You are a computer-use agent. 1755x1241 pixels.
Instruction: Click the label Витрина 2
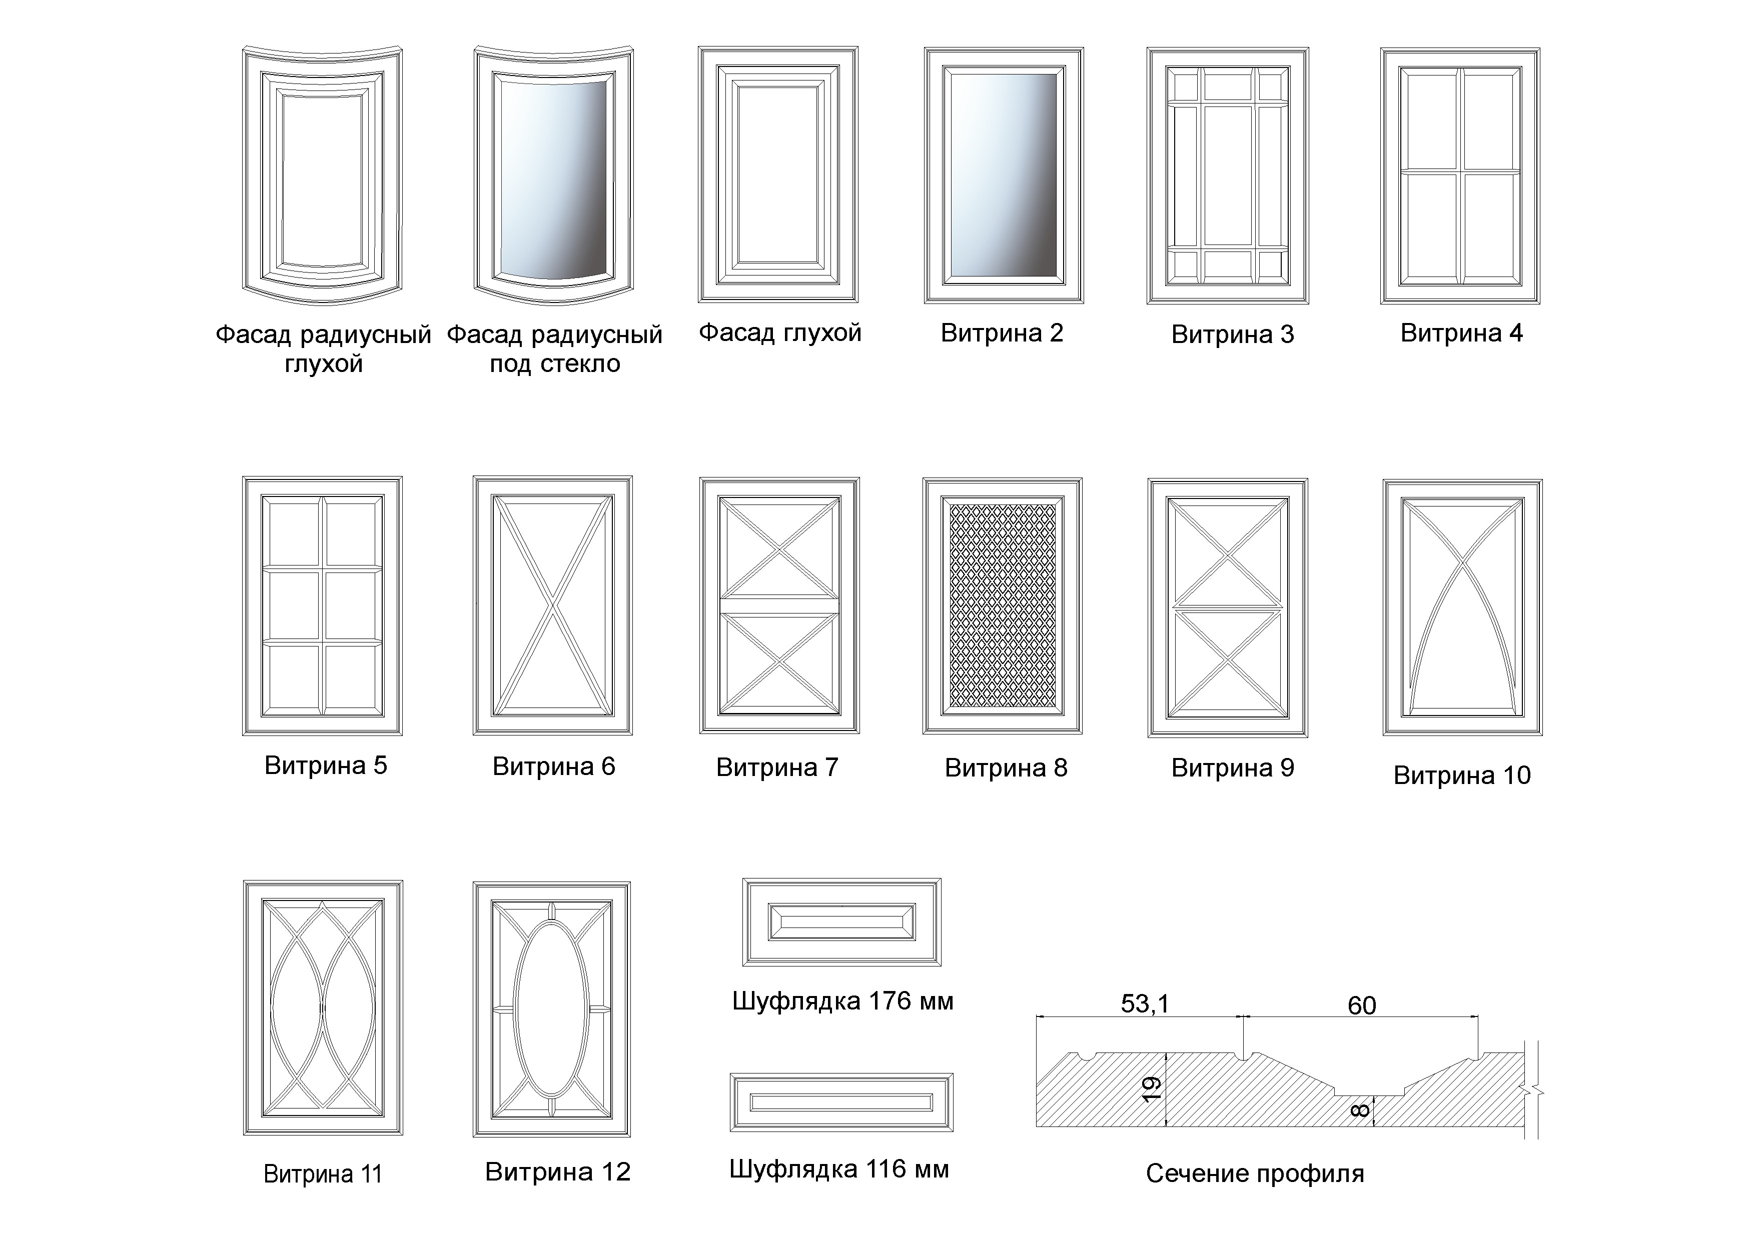coord(1002,333)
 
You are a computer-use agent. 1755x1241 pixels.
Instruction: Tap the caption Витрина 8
coord(1006,768)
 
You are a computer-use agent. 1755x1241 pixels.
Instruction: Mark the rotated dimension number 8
coord(1360,1110)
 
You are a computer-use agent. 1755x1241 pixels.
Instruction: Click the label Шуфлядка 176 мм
coord(842,1001)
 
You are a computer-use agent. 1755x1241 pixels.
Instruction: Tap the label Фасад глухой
coord(779,333)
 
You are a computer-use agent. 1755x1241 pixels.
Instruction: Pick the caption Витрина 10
coord(1461,775)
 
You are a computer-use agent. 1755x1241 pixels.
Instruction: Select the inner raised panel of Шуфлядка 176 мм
coord(841,922)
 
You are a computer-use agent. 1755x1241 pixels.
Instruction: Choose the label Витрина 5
coord(326,765)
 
